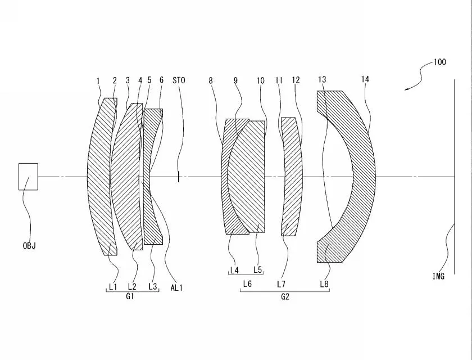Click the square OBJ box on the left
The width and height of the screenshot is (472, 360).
click(28, 177)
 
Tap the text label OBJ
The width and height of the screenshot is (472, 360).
click(29, 246)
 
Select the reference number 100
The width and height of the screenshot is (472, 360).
click(439, 62)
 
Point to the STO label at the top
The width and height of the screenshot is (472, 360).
click(179, 80)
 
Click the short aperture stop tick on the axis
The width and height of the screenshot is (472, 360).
click(179, 177)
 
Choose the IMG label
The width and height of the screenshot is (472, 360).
click(438, 276)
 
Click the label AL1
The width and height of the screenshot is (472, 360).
click(176, 288)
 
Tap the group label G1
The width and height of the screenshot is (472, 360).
click(130, 296)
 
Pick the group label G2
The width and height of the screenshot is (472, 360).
click(285, 297)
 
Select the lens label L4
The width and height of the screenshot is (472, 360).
click(234, 271)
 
